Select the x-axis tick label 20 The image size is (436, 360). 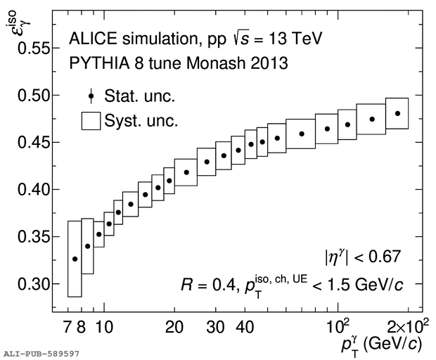[174, 327]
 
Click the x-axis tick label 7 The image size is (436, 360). [68, 327]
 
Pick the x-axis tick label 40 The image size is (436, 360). [244, 327]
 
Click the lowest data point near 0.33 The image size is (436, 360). [75, 259]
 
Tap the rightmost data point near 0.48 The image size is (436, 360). [397, 113]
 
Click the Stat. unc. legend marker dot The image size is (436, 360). [91, 96]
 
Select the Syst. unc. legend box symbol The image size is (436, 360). [91, 120]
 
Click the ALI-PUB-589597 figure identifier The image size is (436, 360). [41, 354]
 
